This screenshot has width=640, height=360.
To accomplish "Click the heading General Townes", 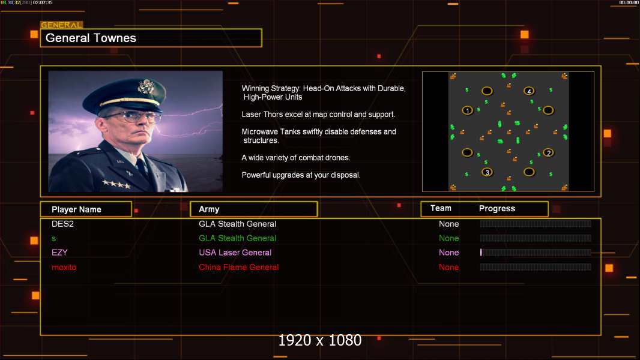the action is [91, 38].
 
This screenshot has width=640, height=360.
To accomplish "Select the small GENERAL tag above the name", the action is [62, 25].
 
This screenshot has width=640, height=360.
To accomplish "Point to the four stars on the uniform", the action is [116, 184].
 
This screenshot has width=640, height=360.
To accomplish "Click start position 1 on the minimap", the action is [467, 110].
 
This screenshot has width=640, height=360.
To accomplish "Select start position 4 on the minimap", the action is [529, 91].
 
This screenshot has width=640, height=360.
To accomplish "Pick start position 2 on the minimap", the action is [549, 153].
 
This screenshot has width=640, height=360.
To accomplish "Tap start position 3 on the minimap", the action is [487, 172].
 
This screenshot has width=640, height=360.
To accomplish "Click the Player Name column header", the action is [86, 209].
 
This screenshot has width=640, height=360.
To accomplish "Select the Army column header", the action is [253, 209].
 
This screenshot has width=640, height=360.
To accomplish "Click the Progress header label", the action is [497, 208].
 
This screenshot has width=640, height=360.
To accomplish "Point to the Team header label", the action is [441, 208].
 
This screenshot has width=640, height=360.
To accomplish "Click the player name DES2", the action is [62, 224].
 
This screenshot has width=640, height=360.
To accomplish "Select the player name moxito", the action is [64, 267].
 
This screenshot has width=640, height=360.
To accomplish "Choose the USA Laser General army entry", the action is [235, 253].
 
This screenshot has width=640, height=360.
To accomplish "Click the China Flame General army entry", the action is [239, 267].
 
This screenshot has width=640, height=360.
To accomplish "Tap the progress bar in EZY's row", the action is [536, 253].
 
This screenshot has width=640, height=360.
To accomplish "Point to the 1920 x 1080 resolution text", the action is [319, 340].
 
